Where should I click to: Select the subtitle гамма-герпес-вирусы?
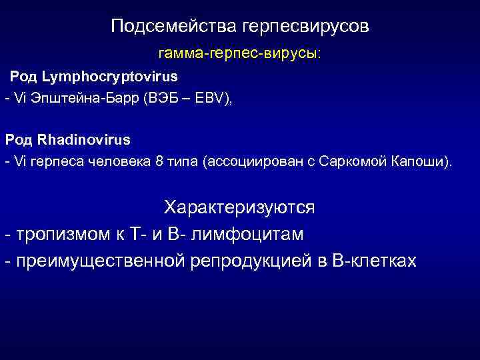click(239, 53)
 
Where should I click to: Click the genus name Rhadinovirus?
click(84, 140)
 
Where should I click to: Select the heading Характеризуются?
click(239, 207)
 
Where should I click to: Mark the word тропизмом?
click(57, 234)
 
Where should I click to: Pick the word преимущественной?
click(99, 261)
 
